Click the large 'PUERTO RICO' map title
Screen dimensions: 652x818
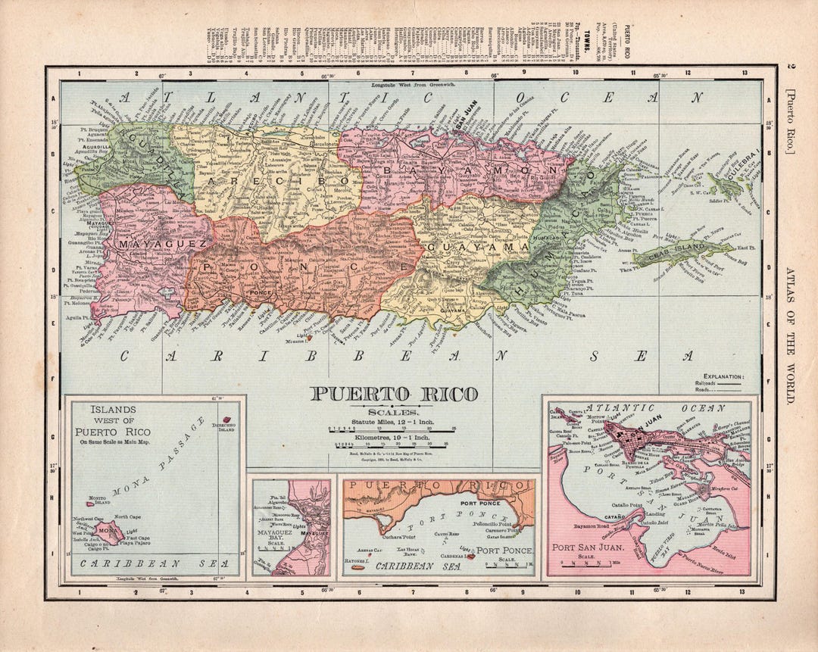pos(394,394)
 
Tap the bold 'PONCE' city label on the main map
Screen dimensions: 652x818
pos(260,292)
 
